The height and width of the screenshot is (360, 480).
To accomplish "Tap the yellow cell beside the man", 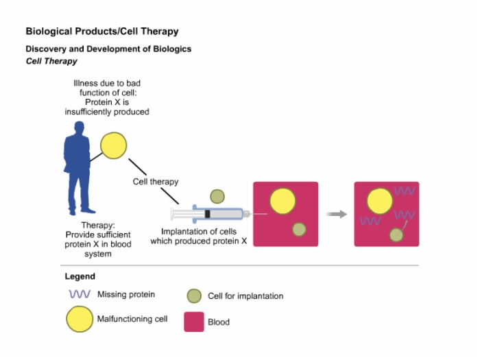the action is coord(114,145).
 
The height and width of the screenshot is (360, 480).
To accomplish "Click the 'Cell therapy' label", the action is coord(156,182).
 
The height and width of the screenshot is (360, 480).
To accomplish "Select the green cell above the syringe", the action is coord(217,197).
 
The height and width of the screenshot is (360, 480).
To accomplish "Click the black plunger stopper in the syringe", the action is coord(207,214).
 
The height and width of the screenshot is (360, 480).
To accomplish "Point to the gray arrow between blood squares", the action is coord(336,214).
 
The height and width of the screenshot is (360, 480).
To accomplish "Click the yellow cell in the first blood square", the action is coord(283,201).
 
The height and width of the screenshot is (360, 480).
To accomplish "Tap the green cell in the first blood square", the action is coord(299,229).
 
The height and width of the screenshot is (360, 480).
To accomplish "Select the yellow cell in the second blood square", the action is coord(380,201).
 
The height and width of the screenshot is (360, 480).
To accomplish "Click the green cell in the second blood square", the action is coord(396,235).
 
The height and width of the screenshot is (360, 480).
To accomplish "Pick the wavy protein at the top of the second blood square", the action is coord(405,191).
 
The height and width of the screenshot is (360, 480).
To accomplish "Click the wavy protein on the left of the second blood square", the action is coord(370,221).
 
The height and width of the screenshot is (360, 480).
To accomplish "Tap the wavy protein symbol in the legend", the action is coord(80,294).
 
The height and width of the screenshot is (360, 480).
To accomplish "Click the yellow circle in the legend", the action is coord(80,319).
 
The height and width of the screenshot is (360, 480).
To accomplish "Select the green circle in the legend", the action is coord(194,296).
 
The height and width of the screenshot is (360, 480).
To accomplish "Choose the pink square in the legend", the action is coord(194,322).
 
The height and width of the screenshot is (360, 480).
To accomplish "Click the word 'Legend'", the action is coord(80,276).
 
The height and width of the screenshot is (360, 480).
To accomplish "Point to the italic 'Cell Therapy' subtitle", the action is coord(51,61).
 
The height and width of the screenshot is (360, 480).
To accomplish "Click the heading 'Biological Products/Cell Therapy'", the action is coord(102,32).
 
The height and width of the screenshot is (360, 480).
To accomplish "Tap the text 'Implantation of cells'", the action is coord(199,232).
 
